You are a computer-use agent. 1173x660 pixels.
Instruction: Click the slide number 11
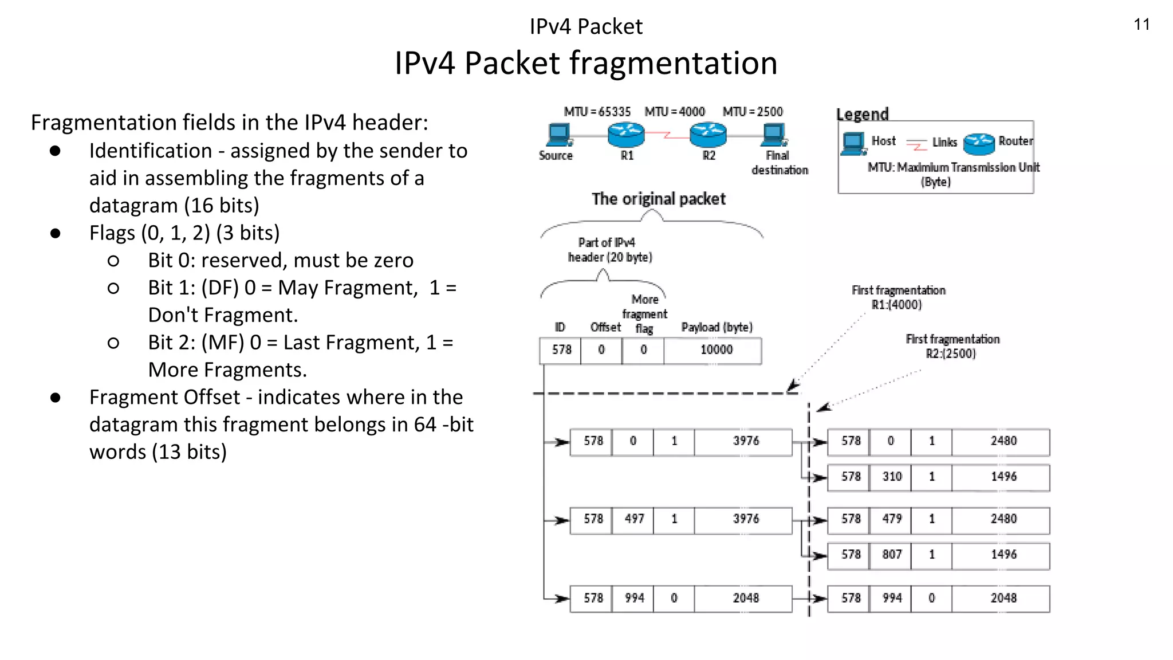click(1141, 25)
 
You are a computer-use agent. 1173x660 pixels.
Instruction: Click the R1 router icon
click(626, 135)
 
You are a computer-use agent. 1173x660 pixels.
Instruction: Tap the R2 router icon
click(708, 135)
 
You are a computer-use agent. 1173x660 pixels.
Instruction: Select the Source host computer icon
click(558, 135)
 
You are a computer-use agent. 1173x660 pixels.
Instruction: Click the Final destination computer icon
click(774, 135)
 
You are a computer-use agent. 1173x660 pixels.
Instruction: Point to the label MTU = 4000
click(675, 112)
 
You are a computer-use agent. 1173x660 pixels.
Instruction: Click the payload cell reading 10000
click(716, 350)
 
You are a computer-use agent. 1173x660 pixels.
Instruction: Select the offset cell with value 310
click(892, 477)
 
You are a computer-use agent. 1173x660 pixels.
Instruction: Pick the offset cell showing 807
click(892, 555)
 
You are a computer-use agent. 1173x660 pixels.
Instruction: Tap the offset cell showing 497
click(634, 519)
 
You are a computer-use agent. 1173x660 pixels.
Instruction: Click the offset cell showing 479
click(892, 519)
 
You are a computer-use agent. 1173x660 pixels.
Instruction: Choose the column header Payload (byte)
click(717, 327)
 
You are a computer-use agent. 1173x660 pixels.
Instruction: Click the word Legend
click(862, 114)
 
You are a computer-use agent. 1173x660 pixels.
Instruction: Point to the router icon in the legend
click(979, 143)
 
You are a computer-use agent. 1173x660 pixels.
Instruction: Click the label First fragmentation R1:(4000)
click(898, 297)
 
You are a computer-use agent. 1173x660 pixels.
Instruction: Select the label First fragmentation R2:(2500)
click(952, 346)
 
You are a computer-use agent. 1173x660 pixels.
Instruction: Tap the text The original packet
click(658, 199)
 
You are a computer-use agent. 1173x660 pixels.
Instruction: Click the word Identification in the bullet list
click(151, 151)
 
